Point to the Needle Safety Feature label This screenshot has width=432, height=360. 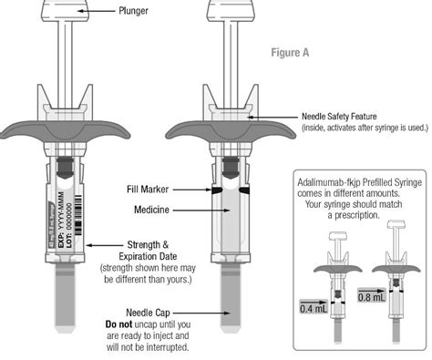click(345, 117)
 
